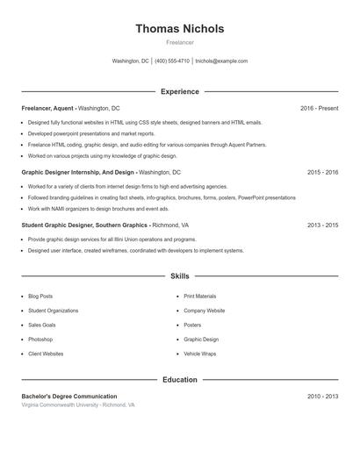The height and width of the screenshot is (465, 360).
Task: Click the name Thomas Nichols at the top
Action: point(179,29)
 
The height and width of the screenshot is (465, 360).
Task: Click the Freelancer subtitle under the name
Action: point(179,42)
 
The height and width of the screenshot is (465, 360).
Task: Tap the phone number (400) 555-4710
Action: point(172,61)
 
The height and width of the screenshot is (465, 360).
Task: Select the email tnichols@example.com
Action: point(221,61)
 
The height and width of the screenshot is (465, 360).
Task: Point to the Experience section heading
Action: point(179,91)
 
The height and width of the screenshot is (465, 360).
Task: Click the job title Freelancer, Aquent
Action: point(48,108)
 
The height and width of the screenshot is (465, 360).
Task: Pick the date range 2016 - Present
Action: point(319,108)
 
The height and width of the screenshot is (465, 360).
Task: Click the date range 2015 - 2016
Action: point(322,173)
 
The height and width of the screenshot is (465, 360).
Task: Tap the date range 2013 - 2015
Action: point(322,225)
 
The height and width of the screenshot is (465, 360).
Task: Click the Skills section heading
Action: point(179,275)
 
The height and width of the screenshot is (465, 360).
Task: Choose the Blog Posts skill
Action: point(40,297)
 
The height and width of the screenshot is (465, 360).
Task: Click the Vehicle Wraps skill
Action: point(199,354)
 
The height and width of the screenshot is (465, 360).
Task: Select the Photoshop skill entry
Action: point(40,340)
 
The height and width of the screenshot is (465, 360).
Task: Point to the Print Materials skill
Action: point(199,297)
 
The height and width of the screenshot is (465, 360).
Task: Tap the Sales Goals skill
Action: point(41,325)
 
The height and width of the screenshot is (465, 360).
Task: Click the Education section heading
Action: point(179,380)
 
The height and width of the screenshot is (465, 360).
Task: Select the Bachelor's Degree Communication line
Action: point(69,397)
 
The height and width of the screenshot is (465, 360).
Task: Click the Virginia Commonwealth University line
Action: point(78,405)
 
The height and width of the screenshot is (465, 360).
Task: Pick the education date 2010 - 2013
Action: point(322,397)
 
